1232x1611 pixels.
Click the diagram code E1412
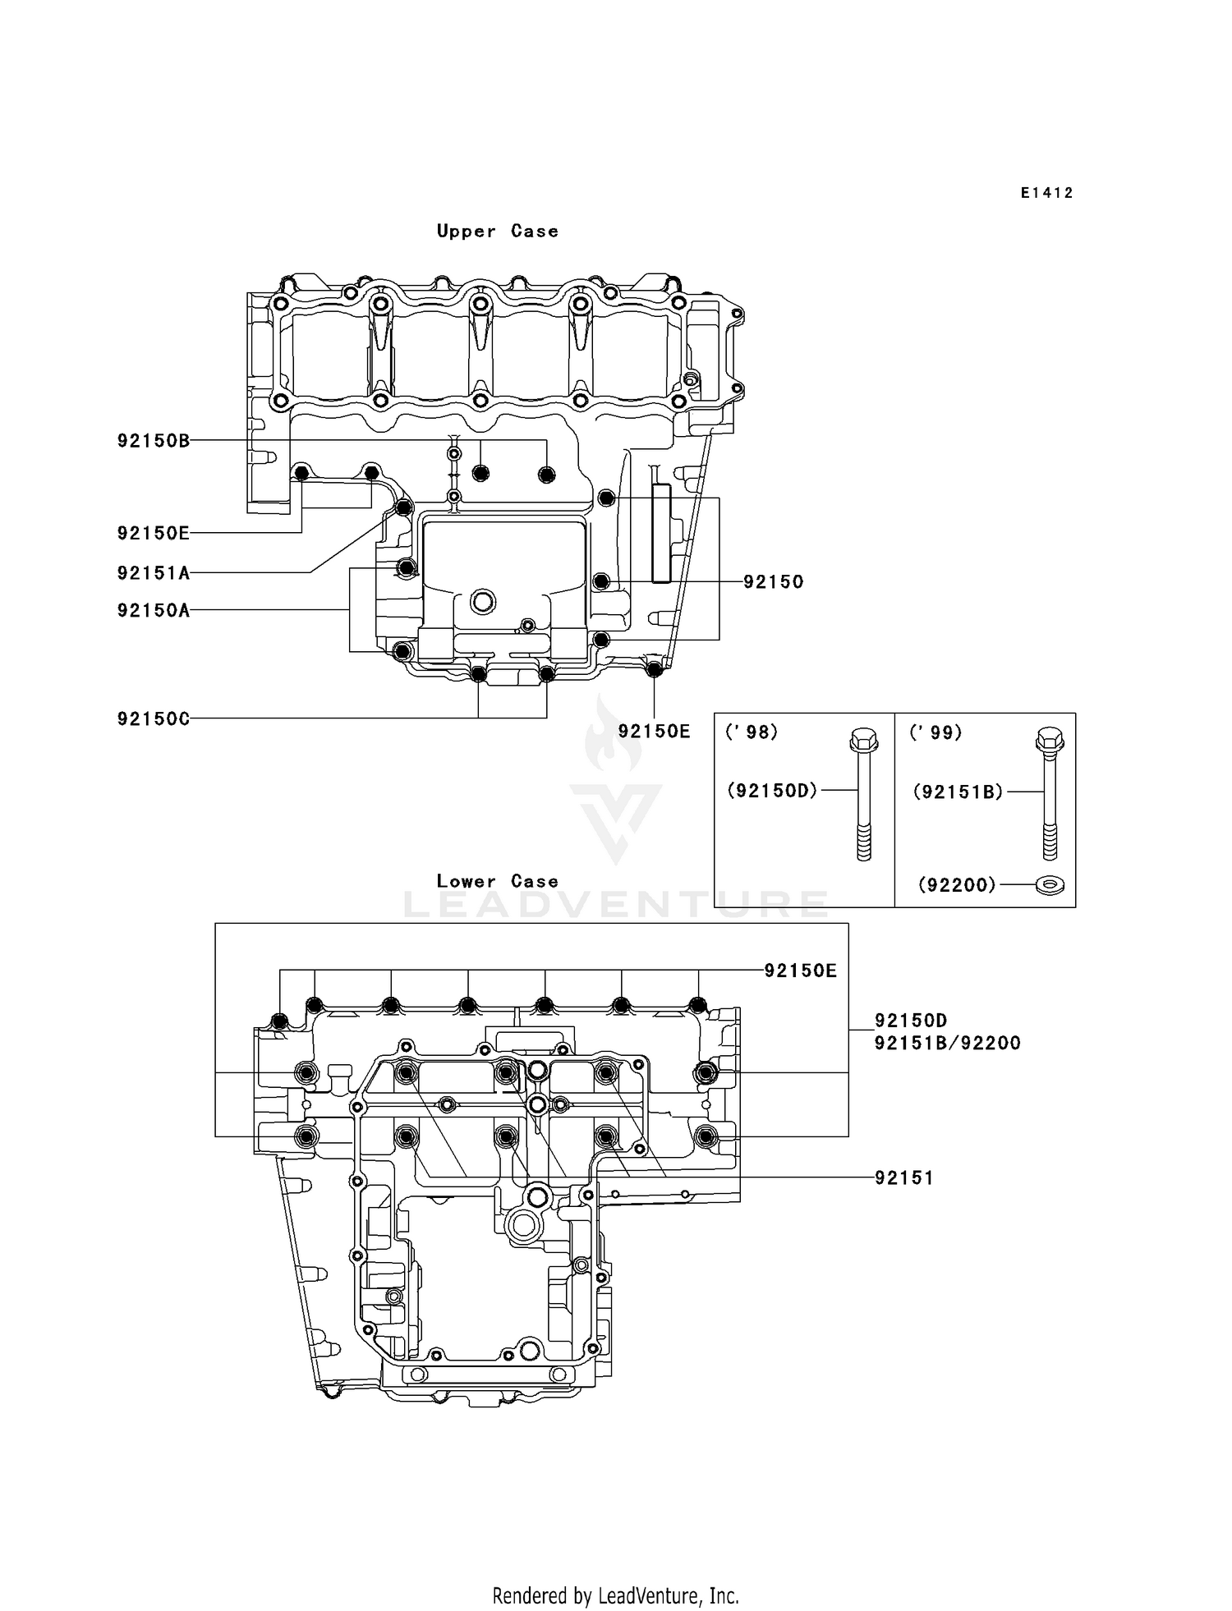point(1046,193)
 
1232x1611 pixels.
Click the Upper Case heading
point(497,232)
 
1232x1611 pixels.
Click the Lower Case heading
point(497,881)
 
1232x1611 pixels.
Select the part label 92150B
point(154,441)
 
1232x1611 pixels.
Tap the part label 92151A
point(154,573)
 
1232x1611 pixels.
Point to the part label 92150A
point(154,610)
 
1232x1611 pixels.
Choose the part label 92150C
point(154,719)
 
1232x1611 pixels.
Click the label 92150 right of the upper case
point(773,581)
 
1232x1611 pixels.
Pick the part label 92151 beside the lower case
point(904,1177)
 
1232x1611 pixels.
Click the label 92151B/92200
point(947,1043)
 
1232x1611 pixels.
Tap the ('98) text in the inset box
point(751,732)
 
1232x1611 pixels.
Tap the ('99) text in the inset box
point(935,732)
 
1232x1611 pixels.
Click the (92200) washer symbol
point(1050,885)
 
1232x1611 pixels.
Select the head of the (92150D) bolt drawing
point(863,741)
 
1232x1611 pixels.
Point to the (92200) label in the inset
point(956,885)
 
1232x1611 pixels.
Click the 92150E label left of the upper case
point(154,533)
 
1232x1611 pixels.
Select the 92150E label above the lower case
point(800,971)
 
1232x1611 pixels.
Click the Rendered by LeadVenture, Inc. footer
point(615,1595)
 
